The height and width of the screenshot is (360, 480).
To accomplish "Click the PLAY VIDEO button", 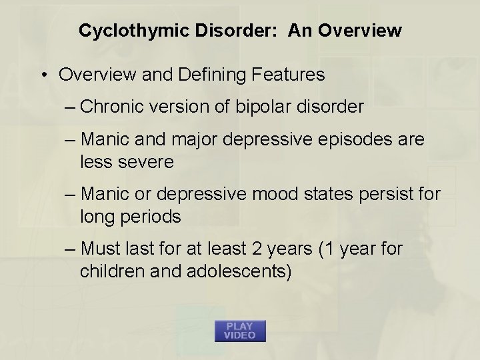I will click(x=240, y=331).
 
